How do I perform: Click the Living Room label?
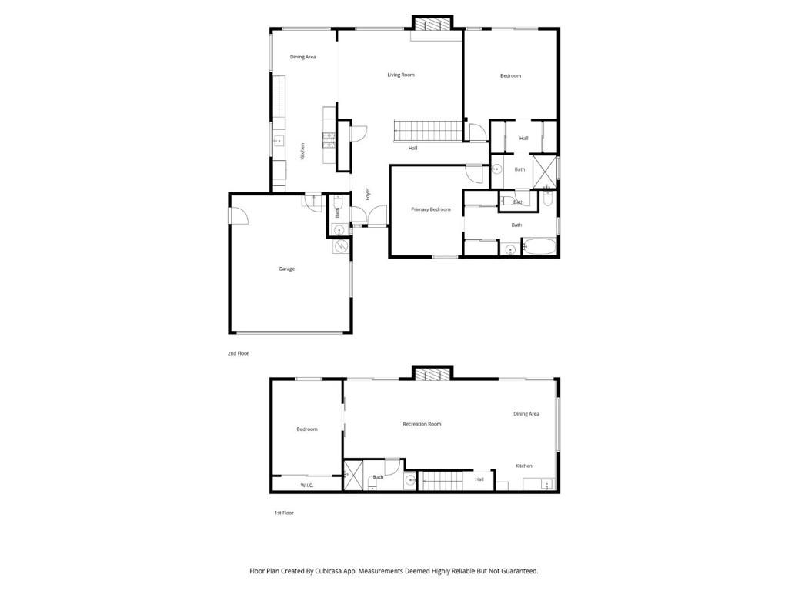(x=400, y=75)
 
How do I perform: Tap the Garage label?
(x=286, y=269)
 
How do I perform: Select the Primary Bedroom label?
(x=430, y=209)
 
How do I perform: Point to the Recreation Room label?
(x=422, y=424)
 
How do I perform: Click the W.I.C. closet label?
(x=306, y=486)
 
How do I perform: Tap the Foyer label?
(x=368, y=194)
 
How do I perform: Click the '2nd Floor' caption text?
(x=238, y=353)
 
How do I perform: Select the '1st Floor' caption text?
(x=284, y=513)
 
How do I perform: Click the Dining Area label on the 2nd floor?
(x=302, y=57)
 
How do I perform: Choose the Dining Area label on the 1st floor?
(x=526, y=414)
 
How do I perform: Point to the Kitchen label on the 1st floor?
(x=523, y=466)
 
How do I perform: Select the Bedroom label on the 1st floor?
(x=306, y=429)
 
